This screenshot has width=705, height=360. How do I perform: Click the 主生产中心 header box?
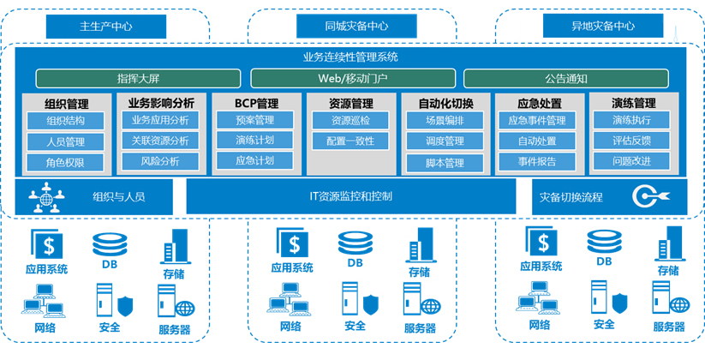point(105,26)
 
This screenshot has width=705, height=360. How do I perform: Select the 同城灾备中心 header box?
point(347,26)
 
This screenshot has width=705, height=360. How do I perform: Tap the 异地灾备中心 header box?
point(603,26)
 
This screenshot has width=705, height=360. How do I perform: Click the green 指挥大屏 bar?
point(139,79)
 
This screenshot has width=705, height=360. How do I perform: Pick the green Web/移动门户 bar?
point(352,79)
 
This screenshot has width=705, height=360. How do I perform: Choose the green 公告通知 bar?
point(565,79)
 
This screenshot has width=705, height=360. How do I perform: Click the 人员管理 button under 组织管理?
point(65,141)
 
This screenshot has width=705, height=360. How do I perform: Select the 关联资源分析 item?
point(159,141)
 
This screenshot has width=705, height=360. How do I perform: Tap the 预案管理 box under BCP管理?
point(254,121)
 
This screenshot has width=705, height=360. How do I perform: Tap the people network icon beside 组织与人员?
point(46,196)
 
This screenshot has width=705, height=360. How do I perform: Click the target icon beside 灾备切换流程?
point(643,197)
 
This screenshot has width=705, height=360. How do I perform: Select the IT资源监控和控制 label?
point(350,196)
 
